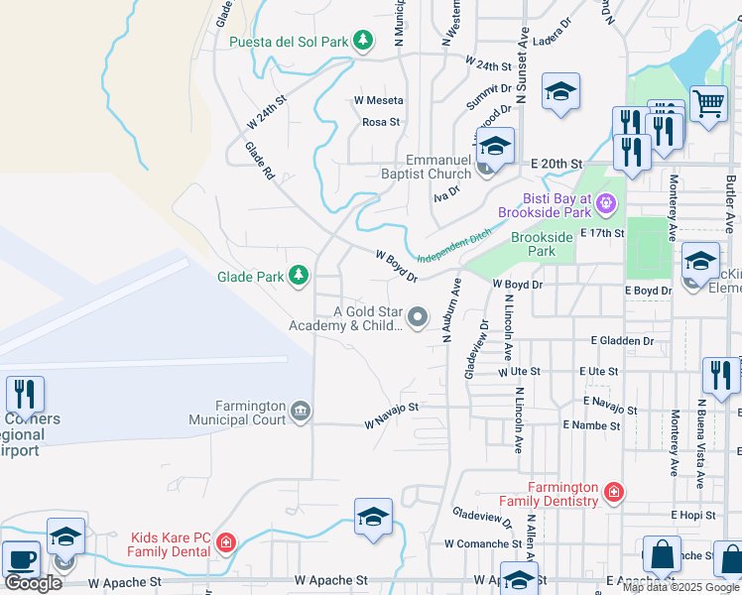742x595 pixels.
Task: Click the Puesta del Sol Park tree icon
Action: click(x=364, y=41)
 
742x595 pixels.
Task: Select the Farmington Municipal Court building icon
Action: click(x=301, y=410)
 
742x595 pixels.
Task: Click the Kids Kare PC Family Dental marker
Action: click(x=225, y=542)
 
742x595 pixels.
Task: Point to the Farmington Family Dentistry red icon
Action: click(x=614, y=492)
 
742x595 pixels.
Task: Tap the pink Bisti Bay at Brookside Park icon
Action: click(x=607, y=206)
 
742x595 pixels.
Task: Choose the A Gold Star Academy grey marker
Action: click(x=418, y=318)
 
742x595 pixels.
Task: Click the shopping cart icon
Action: click(x=708, y=102)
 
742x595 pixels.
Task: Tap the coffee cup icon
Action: click(x=20, y=558)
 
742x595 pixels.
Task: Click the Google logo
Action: click(x=32, y=582)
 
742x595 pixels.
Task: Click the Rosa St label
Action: click(x=380, y=122)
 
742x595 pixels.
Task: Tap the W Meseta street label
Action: click(x=379, y=100)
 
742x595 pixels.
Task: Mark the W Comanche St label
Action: click(x=482, y=543)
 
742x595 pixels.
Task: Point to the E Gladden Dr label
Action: click(x=622, y=340)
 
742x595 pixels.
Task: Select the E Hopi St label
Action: click(x=693, y=515)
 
